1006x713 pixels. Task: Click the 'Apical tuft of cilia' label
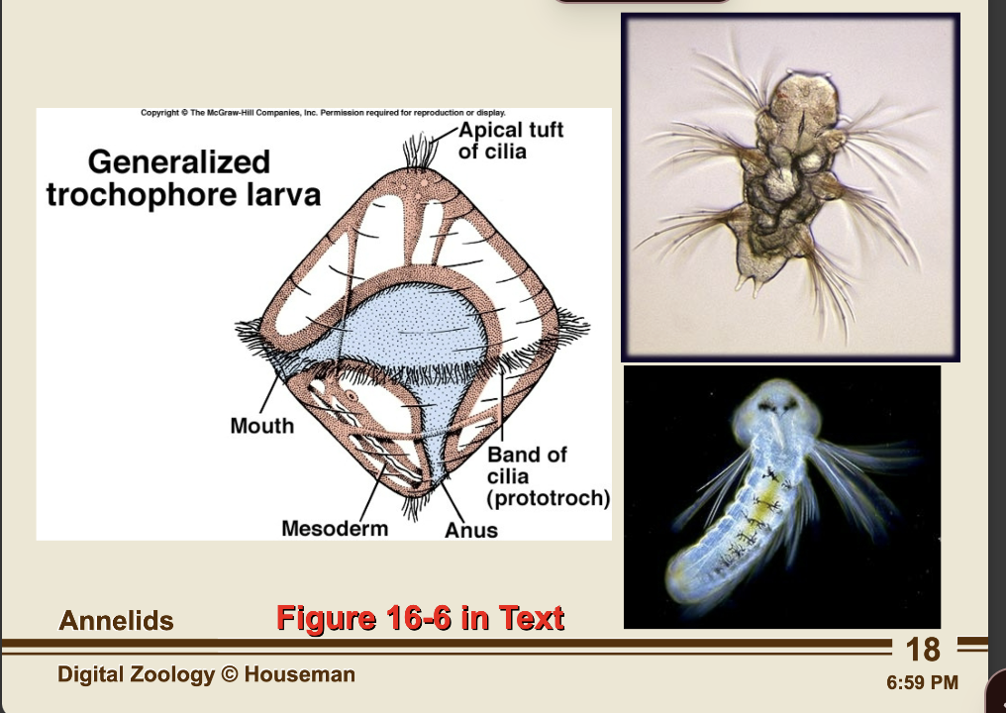tap(510, 141)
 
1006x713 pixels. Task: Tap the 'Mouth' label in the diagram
tap(261, 426)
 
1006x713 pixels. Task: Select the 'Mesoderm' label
tap(334, 528)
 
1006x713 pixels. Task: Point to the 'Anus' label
tap(470, 530)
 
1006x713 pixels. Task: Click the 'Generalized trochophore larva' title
tap(183, 177)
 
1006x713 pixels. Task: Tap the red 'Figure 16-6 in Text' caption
tap(420, 618)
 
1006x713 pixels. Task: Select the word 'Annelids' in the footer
tap(116, 621)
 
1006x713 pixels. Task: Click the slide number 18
tap(922, 650)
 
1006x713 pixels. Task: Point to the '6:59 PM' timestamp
tap(923, 682)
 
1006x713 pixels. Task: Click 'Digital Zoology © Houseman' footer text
tap(206, 675)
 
